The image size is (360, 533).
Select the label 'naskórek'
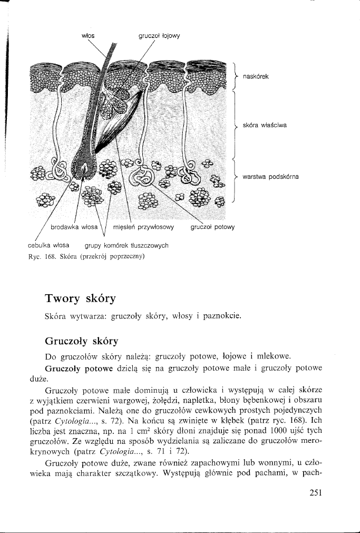point(256,76)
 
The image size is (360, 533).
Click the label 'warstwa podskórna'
point(270,177)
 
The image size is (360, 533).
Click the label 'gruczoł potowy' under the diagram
point(212,227)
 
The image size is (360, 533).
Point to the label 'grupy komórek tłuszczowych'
point(127,245)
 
